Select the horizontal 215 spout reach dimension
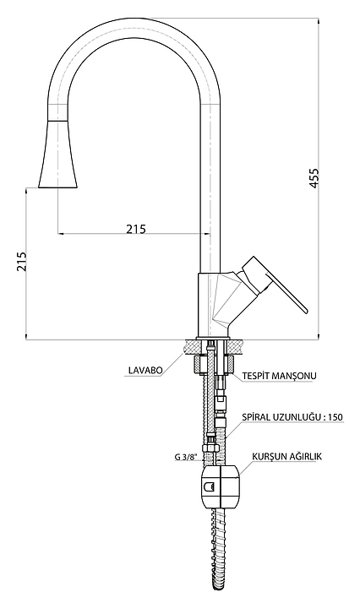coord(136,229)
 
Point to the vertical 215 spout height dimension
coord(22,261)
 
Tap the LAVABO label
coord(145,371)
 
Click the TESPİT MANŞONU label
coord(280,375)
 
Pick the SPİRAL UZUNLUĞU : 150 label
coord(292,417)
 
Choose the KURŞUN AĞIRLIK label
coord(286,456)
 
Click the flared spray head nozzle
coord(58,155)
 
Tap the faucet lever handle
coord(275,283)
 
